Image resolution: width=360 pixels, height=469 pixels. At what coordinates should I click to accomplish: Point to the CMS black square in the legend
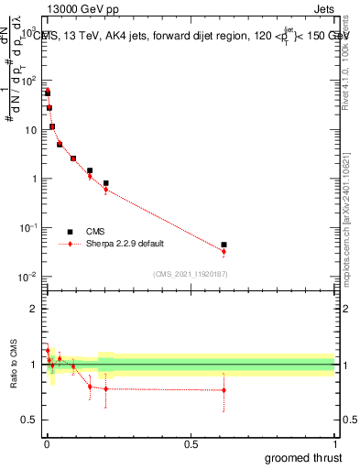pos(70,232)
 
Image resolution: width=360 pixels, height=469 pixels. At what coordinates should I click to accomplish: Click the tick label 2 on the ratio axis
pos(33,309)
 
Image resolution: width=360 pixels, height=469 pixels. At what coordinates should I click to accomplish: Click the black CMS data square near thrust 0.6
pos(224,245)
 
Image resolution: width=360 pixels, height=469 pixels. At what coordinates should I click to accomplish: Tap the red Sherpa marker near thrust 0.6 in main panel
pos(224,251)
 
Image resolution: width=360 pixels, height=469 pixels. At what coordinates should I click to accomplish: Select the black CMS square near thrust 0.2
pos(106,183)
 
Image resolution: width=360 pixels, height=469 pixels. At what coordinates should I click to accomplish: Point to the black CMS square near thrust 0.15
pos(90,170)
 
